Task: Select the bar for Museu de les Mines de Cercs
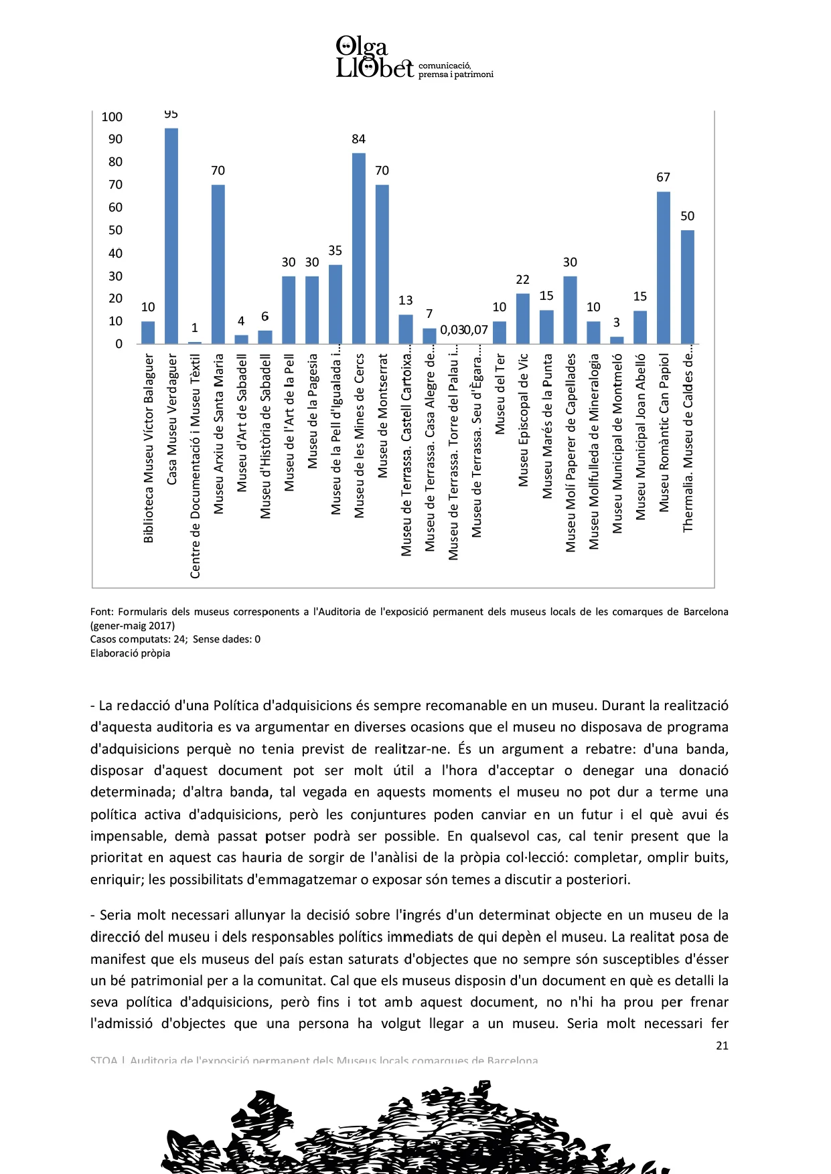pos(359,248)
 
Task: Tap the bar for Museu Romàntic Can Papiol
pos(664,268)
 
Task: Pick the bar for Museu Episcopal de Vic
pos(523,319)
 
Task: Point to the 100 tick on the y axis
pos(112,117)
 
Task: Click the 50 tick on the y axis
pos(116,230)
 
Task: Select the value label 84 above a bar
pos(359,139)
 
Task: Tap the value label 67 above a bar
pos(663,177)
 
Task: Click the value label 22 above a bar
pos(523,280)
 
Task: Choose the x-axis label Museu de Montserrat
pos(382,415)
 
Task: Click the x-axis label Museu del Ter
pos(500,394)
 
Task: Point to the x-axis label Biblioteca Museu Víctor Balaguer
pos(148,448)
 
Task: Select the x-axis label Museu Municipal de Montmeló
pos(617,444)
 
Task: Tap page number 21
pos(722,1045)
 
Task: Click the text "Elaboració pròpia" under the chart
pos(130,653)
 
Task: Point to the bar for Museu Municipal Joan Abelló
pos(640,327)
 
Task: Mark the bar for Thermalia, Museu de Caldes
pos(688,287)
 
